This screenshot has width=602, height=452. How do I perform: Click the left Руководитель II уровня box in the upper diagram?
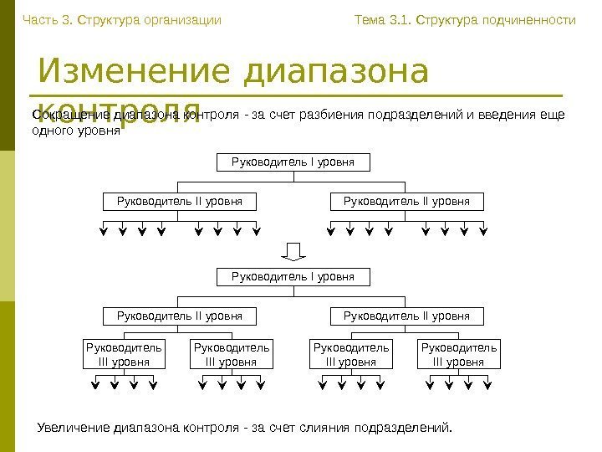(179, 201)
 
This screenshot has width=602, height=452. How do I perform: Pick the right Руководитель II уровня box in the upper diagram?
(407, 201)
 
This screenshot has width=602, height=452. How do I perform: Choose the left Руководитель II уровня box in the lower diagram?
(179, 316)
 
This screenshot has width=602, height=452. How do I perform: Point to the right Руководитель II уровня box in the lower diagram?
(407, 316)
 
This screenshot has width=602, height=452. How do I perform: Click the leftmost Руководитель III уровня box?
(125, 354)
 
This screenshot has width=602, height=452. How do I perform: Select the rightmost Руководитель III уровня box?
(459, 354)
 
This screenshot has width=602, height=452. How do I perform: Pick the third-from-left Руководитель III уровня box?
(351, 354)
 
